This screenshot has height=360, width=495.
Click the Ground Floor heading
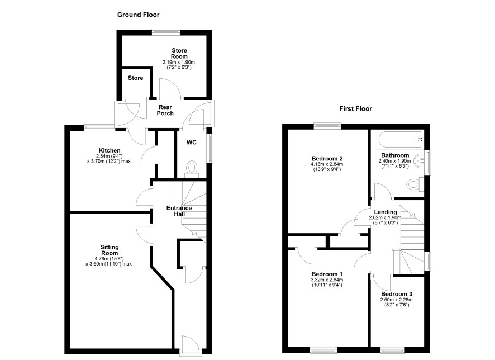pos(138,15)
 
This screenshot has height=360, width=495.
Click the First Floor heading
pos(355,109)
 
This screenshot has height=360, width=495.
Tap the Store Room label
pos(179,53)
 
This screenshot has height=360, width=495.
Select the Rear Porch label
pos(165,110)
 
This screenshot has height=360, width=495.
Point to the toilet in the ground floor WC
pos(192,168)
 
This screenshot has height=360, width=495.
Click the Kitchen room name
pos(110,150)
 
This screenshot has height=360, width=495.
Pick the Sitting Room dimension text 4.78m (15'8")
pos(110,259)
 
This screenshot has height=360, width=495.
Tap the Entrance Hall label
pos(179,211)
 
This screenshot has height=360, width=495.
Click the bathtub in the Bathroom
pos(400,140)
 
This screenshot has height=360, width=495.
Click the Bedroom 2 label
pos(327,159)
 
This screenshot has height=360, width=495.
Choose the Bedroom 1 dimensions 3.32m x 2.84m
pos(327,280)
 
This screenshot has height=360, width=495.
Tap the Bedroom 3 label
pos(397,294)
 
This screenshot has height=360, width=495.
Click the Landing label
pos(385,212)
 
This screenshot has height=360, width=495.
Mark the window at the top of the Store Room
pos(166,32)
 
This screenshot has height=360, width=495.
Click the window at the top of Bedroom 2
pos(328,126)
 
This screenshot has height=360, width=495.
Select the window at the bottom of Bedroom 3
pos(392,350)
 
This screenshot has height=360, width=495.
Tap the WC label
pos(191,143)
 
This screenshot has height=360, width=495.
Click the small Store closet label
pos(135,78)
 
